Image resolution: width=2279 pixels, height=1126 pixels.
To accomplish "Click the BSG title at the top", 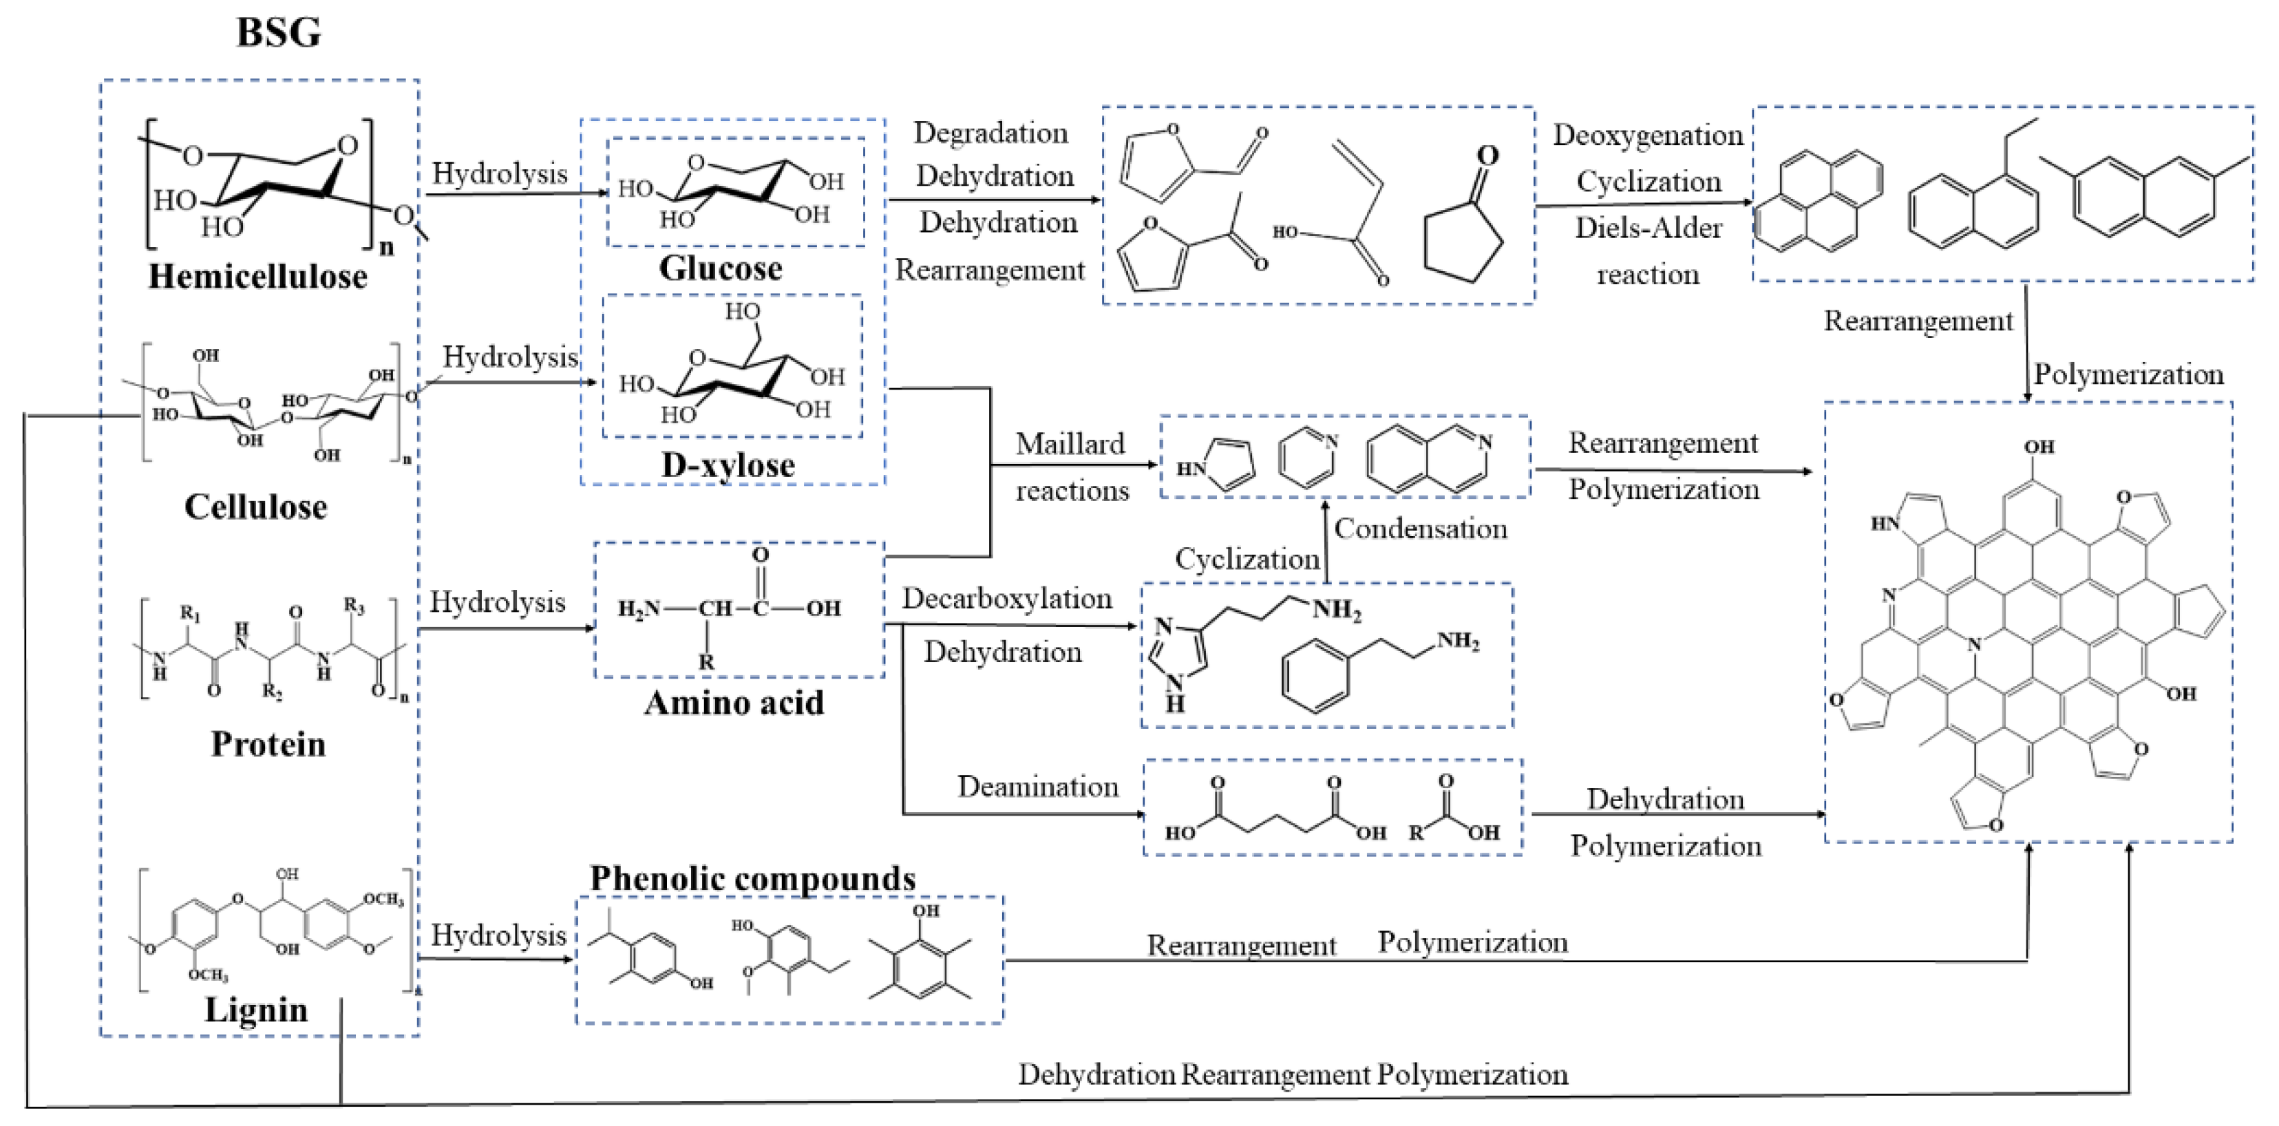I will (278, 33).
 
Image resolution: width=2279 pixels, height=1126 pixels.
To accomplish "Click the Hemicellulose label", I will (257, 276).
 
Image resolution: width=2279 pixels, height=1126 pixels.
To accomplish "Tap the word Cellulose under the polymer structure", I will (255, 507).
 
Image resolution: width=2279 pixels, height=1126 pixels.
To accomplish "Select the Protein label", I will (268, 744).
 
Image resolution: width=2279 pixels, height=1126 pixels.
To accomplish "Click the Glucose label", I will (720, 268).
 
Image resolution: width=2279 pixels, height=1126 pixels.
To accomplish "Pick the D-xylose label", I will (728, 465).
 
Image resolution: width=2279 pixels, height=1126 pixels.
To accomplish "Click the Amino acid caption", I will (734, 702).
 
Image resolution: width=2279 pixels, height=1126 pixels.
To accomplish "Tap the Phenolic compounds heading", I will (752, 878).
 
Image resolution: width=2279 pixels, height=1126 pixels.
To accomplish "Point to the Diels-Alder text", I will (1647, 229).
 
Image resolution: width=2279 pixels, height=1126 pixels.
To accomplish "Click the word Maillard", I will (1070, 443).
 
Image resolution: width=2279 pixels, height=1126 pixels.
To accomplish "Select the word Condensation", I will (1420, 529).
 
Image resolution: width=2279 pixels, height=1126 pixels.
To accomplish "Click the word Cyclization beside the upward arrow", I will (1246, 559).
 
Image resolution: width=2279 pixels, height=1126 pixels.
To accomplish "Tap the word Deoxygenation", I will (1647, 136).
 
